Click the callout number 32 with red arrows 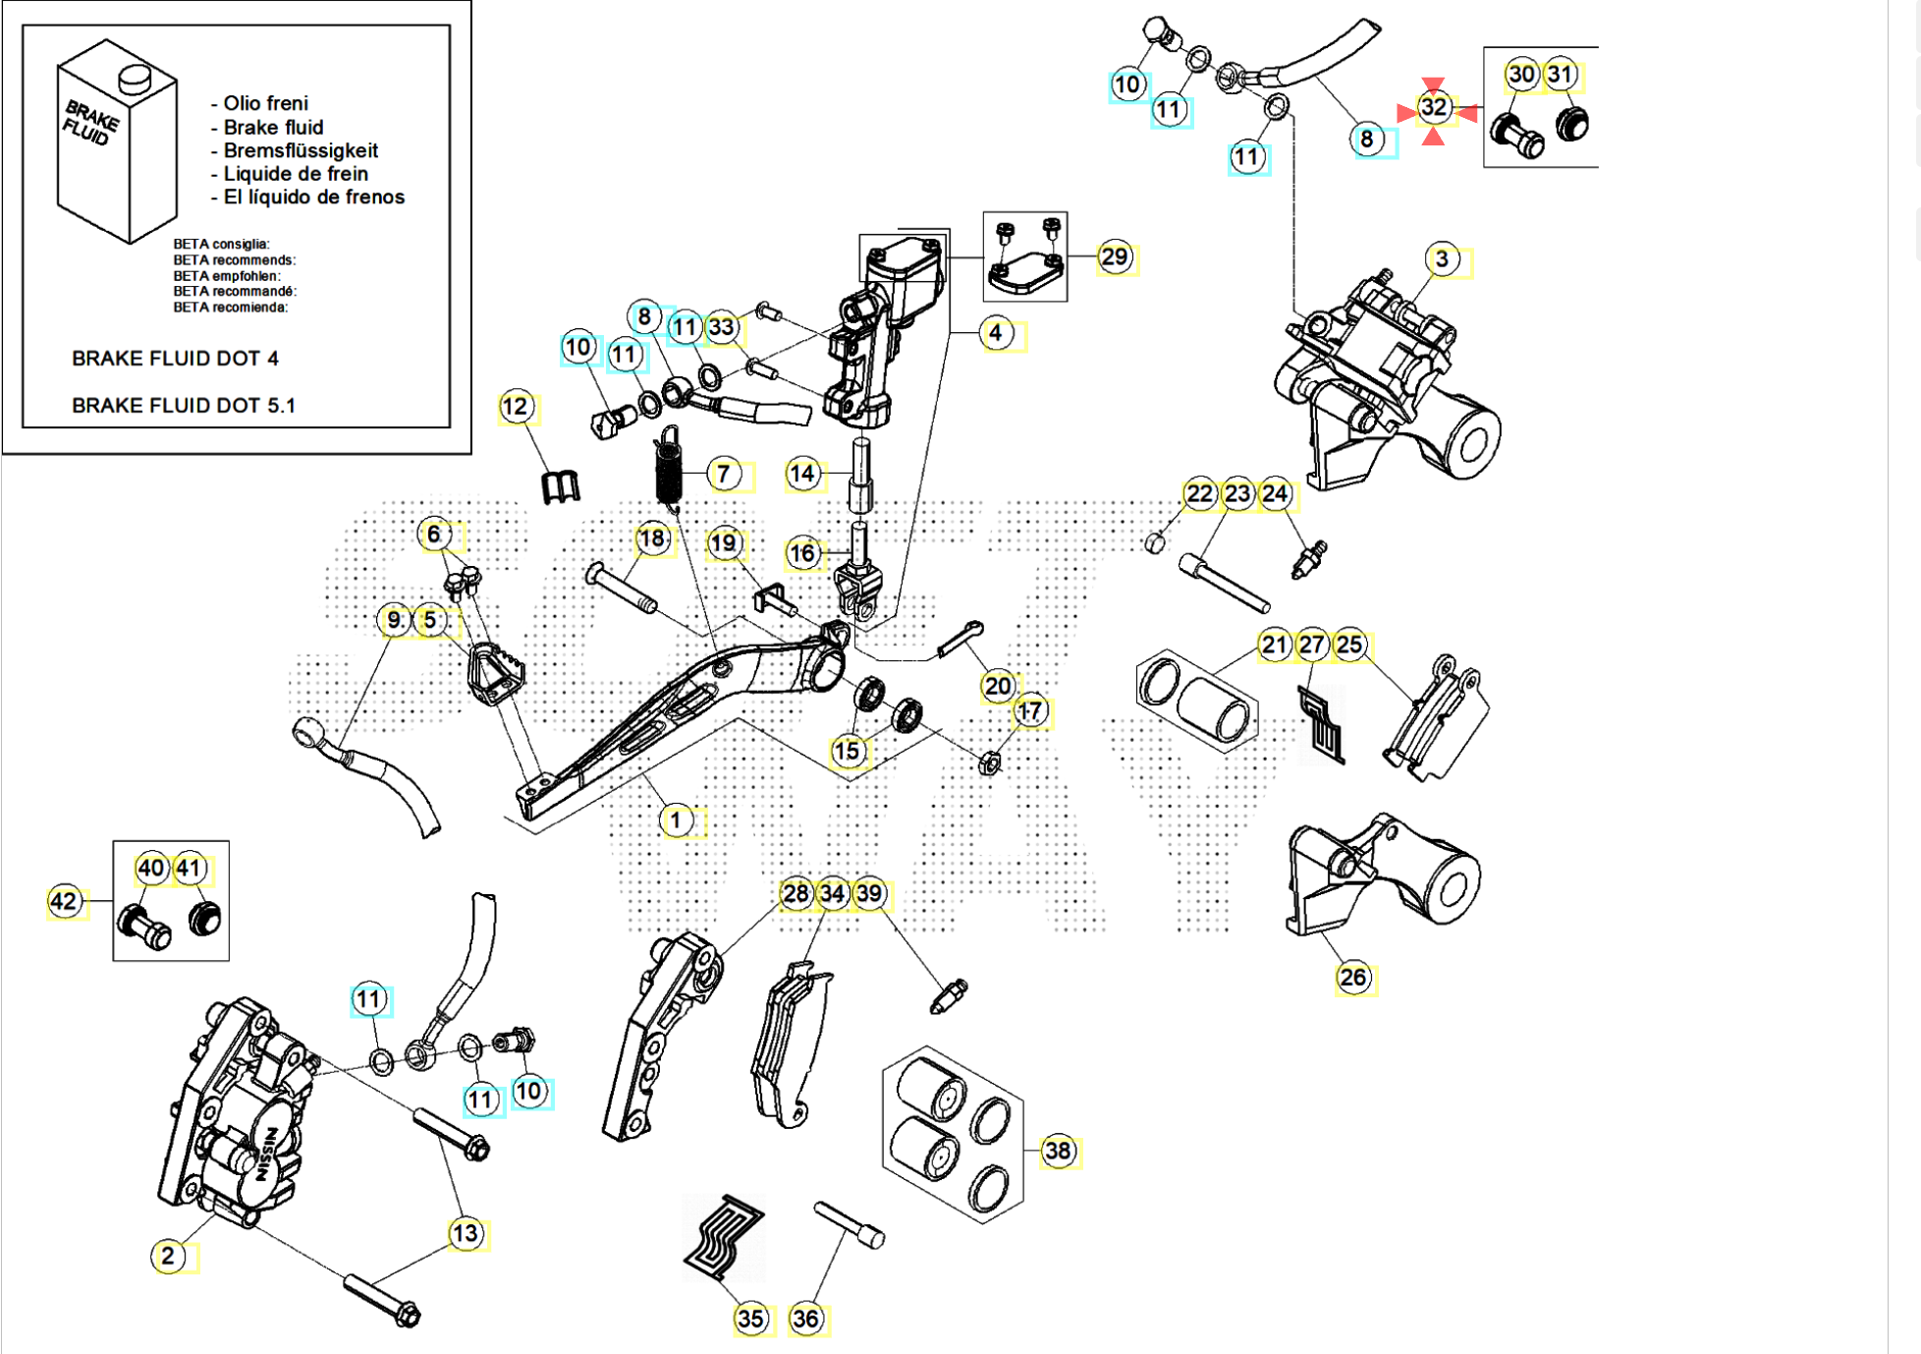1433,107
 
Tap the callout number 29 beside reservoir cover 1114,257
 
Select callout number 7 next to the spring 723,475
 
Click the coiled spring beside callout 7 669,471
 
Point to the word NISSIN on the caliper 266,1156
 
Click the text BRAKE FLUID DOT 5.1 183,405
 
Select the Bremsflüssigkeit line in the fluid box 300,150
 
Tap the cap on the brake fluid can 133,77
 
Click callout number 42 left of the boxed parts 64,901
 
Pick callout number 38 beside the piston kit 1058,1151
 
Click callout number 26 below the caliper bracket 1352,977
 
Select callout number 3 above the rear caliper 1441,259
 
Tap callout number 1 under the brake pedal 676,819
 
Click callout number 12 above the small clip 516,406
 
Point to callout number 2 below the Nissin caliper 168,1255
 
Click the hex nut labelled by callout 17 990,762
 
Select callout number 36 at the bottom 805,1319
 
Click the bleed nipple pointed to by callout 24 1309,561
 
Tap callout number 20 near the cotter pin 998,686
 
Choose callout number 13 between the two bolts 465,1233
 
